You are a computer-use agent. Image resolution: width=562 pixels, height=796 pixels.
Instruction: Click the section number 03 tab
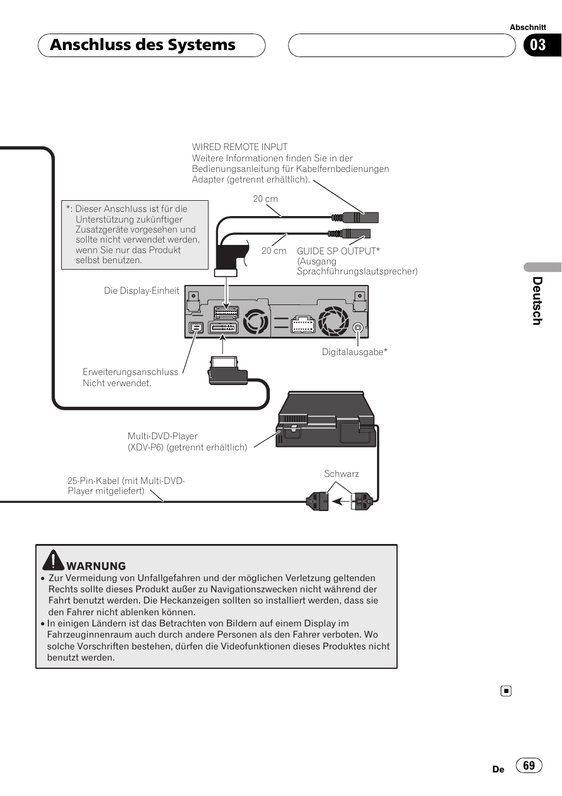click(538, 45)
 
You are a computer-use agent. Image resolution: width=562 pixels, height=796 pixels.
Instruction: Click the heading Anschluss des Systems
click(143, 45)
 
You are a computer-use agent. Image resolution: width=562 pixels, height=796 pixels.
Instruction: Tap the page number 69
click(529, 765)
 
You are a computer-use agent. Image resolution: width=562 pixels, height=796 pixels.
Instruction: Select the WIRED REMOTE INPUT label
click(240, 147)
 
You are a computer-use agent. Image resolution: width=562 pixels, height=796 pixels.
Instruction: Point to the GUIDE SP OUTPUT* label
click(338, 251)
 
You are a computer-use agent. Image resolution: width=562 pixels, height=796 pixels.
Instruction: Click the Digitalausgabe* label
click(355, 352)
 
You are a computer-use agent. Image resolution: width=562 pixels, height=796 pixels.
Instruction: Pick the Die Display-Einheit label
click(141, 291)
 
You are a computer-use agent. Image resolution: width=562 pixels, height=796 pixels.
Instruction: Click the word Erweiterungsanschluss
click(130, 372)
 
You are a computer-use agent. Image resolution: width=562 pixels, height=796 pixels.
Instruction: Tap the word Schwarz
click(341, 474)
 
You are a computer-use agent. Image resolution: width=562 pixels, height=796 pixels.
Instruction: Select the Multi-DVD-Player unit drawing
click(326, 420)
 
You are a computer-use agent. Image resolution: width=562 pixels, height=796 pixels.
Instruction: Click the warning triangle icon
click(53, 560)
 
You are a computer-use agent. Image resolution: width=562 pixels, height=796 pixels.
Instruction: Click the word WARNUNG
click(96, 566)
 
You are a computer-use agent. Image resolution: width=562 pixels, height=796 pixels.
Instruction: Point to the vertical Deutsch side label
click(537, 301)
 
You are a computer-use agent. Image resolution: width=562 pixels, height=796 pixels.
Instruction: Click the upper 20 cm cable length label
click(265, 199)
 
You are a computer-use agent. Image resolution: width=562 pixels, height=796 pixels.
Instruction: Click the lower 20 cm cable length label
click(274, 251)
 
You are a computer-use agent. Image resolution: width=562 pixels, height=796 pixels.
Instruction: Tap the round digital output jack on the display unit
click(358, 327)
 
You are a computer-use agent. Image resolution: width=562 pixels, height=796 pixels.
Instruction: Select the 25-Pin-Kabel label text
click(126, 486)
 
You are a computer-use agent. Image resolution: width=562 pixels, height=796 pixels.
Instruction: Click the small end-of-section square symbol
click(506, 691)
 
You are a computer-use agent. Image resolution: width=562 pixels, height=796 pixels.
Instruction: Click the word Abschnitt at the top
click(528, 27)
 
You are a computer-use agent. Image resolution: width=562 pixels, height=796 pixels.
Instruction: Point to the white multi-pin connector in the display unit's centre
click(303, 324)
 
